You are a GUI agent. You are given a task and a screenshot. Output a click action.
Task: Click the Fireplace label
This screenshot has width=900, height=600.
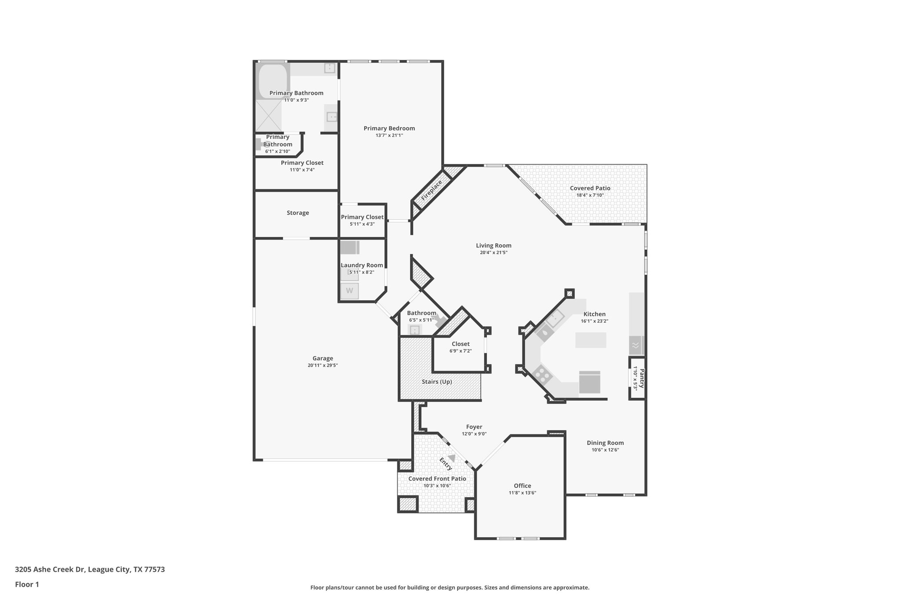(x=432, y=190)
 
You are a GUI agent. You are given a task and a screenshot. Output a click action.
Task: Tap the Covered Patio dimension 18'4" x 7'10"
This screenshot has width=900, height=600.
(x=590, y=195)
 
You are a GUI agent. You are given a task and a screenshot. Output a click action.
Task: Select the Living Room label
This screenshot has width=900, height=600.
(x=494, y=246)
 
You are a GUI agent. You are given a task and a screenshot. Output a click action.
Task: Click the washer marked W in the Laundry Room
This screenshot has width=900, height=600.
(x=349, y=291)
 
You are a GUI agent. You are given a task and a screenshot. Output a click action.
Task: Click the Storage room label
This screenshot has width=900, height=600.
(x=298, y=213)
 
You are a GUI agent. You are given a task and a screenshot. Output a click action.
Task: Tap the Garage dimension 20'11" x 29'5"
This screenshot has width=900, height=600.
(x=323, y=365)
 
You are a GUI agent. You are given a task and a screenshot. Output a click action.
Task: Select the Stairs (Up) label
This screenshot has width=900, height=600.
(x=437, y=382)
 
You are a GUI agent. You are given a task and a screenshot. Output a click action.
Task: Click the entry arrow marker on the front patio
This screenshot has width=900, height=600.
(x=451, y=458)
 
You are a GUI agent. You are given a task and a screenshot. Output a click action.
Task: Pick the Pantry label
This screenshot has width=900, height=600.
(x=642, y=378)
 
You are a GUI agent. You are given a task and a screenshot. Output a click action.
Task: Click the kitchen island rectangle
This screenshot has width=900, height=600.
(x=590, y=340)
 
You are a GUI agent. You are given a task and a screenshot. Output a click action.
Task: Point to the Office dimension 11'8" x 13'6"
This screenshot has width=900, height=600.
(x=522, y=493)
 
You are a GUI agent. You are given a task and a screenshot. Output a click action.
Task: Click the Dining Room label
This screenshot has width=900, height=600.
(x=605, y=443)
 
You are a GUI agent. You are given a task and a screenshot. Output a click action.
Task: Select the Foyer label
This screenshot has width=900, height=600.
(x=474, y=427)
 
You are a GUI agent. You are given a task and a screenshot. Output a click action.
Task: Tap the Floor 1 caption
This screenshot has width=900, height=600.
(x=27, y=584)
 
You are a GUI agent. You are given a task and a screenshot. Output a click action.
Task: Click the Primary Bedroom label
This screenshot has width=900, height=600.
(x=389, y=128)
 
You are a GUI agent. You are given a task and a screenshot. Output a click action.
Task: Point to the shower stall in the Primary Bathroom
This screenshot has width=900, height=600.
(x=269, y=116)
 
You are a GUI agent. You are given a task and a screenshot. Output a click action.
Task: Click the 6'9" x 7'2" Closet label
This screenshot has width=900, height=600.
(x=460, y=344)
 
